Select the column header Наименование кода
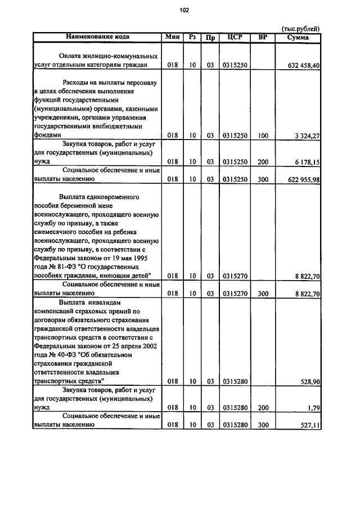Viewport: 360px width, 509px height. [x=97, y=37]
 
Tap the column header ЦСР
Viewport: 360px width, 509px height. [x=235, y=37]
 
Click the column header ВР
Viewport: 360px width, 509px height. [x=262, y=37]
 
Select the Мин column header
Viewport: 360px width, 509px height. [x=172, y=37]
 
